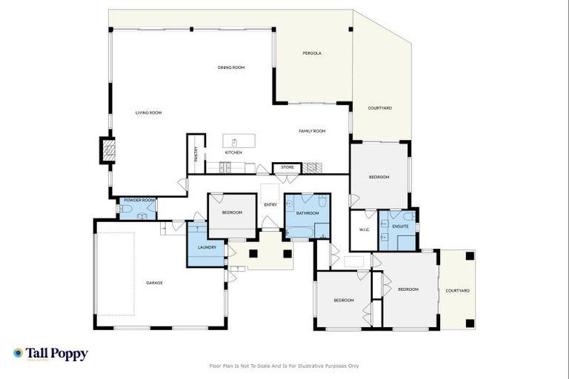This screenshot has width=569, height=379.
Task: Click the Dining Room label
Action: point(231,67)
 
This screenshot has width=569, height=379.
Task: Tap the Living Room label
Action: point(148,113)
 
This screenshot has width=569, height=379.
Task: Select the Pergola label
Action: point(312,53)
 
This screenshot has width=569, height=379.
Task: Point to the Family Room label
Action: point(312,131)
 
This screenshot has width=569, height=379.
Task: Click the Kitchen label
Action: point(233,152)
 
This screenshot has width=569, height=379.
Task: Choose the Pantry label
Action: point(196,154)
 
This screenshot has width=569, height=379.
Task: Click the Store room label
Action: point(287,167)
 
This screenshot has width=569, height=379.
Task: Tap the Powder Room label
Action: point(139,200)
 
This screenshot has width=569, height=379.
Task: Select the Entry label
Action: point(270,205)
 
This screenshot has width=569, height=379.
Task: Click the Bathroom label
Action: point(307,213)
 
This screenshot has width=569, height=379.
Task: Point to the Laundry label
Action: point(207,247)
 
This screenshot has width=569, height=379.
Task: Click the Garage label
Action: point(154,283)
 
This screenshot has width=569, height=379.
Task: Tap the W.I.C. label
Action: point(364,229)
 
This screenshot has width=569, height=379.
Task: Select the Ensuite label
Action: point(401,226)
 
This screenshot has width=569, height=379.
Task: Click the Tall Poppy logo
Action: point(50,354)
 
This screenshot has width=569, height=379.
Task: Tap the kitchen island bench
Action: point(239,141)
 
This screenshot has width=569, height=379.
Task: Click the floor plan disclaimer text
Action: point(284,366)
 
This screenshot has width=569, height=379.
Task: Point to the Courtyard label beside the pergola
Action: point(380,108)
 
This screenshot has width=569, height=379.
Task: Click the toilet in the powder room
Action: point(126,209)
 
